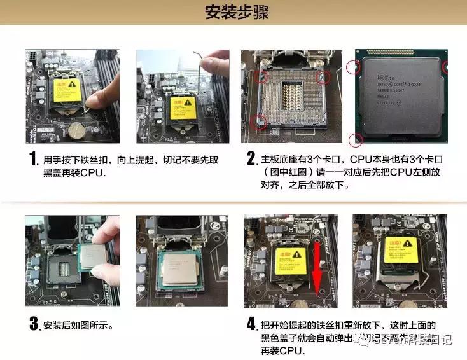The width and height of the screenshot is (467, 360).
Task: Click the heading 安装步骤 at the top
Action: [x=233, y=13]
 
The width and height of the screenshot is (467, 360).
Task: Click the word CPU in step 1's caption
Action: [x=92, y=172]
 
